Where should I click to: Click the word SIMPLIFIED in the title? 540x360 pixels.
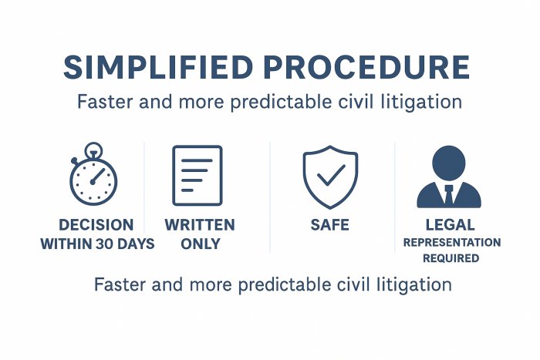click(x=158, y=67)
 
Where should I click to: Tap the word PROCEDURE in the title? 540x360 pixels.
click(x=366, y=67)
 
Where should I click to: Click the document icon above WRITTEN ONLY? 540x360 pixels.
click(x=197, y=176)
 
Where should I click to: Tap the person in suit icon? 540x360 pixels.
click(x=449, y=177)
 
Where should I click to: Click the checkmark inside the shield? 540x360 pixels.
click(x=331, y=175)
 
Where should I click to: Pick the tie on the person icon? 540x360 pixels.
click(x=449, y=195)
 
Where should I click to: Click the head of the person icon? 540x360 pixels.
click(x=449, y=163)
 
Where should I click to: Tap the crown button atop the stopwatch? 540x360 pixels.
click(x=93, y=150)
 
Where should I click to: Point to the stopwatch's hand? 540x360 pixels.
click(x=97, y=176)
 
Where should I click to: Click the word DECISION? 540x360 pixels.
click(x=96, y=225)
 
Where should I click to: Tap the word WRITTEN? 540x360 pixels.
click(x=200, y=225)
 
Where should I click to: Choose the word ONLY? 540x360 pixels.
click(x=201, y=244)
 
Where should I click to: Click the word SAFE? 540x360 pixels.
click(x=330, y=225)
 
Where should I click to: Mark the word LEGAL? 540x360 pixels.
click(x=450, y=225)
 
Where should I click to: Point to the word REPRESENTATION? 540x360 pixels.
click(x=452, y=243)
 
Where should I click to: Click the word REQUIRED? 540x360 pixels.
click(x=451, y=258)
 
